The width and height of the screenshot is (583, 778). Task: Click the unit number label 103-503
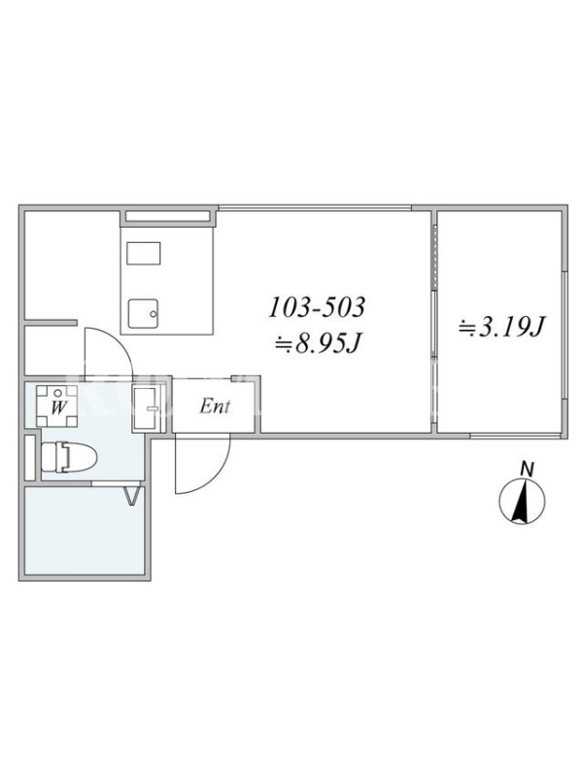pyautogui.click(x=317, y=307)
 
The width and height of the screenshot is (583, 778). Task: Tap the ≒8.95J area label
pyautogui.click(x=318, y=343)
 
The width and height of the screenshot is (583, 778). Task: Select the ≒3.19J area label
pyautogui.click(x=501, y=327)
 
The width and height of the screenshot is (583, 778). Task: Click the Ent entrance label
pyautogui.click(x=215, y=407)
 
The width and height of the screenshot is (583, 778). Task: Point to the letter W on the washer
pyautogui.click(x=58, y=407)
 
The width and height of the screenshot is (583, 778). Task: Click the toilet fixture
pyautogui.click(x=68, y=457)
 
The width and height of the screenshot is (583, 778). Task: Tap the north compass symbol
pyautogui.click(x=522, y=501)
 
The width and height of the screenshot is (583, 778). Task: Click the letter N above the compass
pyautogui.click(x=527, y=469)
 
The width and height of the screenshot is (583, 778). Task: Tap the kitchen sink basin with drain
pyautogui.click(x=143, y=313)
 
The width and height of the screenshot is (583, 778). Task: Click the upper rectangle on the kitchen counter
pyautogui.click(x=143, y=254)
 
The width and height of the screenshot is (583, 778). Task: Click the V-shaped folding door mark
pyautogui.click(x=131, y=496)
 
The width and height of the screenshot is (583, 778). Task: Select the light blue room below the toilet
pyautogui.click(x=85, y=531)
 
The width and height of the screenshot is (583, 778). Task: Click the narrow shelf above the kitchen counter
pyautogui.click(x=167, y=216)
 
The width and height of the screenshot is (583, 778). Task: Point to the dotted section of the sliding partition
pyautogui.click(x=434, y=258)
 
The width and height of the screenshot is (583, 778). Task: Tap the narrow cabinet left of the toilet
pyautogui.click(x=30, y=457)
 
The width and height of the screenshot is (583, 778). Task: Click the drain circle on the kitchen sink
pyautogui.click(x=154, y=314)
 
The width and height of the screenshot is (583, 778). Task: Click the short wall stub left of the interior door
pyautogui.click(x=51, y=323)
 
